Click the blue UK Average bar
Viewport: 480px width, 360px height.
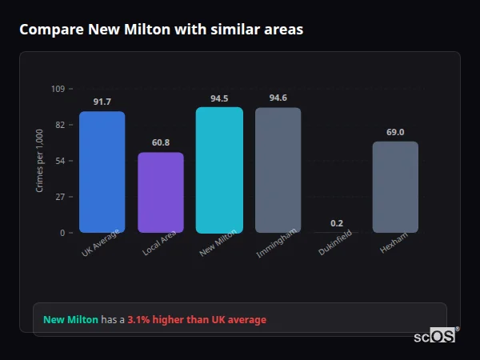[x=102, y=172]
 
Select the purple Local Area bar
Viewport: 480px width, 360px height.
[x=161, y=192]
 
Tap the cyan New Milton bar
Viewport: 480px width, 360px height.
[x=219, y=170]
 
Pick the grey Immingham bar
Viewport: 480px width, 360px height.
[x=278, y=170]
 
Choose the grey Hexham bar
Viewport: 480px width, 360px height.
[x=395, y=186]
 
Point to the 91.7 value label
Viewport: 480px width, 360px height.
[x=102, y=102]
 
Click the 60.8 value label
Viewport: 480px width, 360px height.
[x=161, y=142]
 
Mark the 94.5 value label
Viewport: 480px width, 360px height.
[x=219, y=98]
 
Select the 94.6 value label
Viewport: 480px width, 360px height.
[x=278, y=98]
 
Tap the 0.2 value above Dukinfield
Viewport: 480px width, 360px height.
[x=337, y=223]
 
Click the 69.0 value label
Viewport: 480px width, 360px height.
[x=395, y=132]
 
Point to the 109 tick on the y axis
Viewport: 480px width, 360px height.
[x=58, y=89]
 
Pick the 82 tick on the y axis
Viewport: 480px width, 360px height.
[x=60, y=125]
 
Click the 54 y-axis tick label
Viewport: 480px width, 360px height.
[x=60, y=161]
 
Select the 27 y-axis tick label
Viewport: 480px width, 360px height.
[x=60, y=197]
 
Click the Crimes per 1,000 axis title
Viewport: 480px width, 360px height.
[x=40, y=161]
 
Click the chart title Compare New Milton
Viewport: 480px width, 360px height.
[x=161, y=29]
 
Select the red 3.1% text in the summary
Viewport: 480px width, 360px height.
[x=197, y=320]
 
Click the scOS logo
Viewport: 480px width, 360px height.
[x=435, y=336]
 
